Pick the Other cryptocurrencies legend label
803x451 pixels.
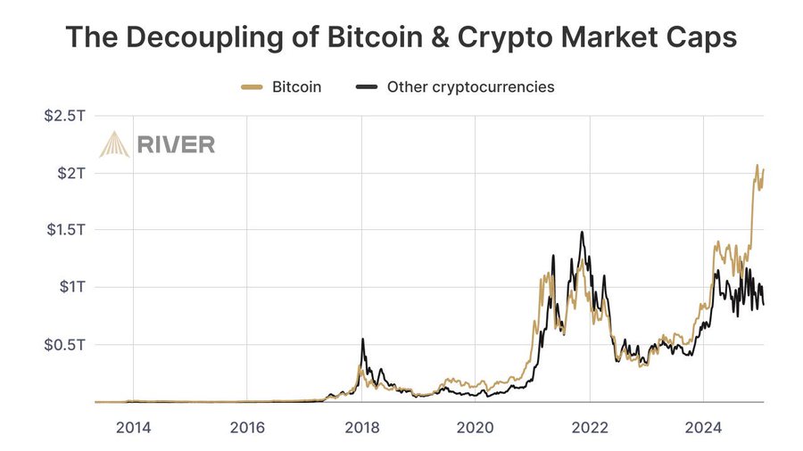pyautogui.click(x=470, y=87)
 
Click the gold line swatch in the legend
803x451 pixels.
pyautogui.click(x=252, y=87)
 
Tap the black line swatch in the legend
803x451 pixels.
pyautogui.click(x=367, y=87)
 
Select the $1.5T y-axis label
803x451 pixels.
pyautogui.click(x=64, y=230)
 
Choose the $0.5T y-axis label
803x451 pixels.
pyautogui.click(x=64, y=345)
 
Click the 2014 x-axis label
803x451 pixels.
pyautogui.click(x=133, y=426)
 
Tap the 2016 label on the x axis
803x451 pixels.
pyautogui.click(x=247, y=426)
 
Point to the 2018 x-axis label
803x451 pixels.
pyautogui.click(x=361, y=426)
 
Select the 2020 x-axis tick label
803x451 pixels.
pyautogui.click(x=475, y=426)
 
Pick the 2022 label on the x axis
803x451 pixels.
pyautogui.click(x=589, y=426)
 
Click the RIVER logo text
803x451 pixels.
pyautogui.click(x=176, y=144)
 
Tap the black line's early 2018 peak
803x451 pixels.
pyautogui.click(x=362, y=340)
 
